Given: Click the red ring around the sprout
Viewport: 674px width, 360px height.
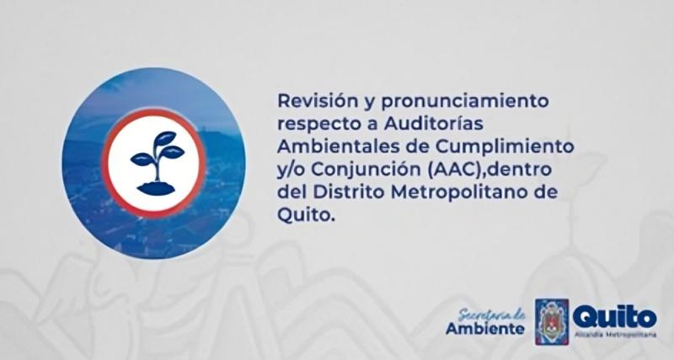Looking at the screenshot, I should tap(158, 115).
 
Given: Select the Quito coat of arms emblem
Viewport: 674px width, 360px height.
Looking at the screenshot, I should tap(552, 319).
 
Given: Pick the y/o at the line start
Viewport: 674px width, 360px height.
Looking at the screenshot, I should tap(291, 169).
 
